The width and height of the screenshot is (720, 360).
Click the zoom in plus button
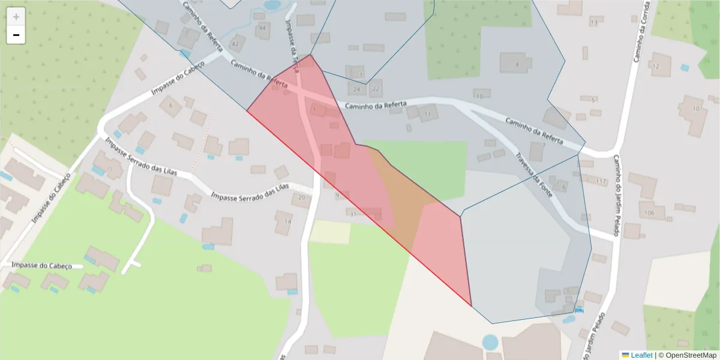pyautogui.click(x=16, y=17)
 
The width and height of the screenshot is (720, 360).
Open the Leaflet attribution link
pyautogui.click(x=641, y=355)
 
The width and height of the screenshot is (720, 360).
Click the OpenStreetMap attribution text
pyautogui.click(x=688, y=355)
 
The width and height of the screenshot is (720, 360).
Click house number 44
pyautogui.click(x=262, y=28)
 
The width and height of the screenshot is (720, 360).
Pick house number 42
pyautogui.click(x=235, y=44)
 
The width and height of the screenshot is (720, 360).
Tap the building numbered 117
pyautogui.click(x=602, y=181)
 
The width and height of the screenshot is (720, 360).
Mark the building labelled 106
pyautogui.click(x=649, y=213)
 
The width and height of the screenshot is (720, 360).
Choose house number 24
pyautogui.click(x=357, y=89)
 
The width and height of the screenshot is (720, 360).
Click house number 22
pyautogui.click(x=376, y=89)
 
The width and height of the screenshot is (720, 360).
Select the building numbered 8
pyautogui.click(x=517, y=64)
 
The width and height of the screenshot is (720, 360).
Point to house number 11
pyautogui.click(x=428, y=114)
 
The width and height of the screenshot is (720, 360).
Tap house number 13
pyautogui.click(x=593, y=22)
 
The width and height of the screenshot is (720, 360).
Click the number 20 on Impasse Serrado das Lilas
pyautogui.click(x=302, y=197)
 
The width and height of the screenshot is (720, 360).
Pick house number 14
pyautogui.click(x=287, y=221)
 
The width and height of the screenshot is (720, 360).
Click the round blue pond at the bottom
pyautogui.click(x=490, y=343)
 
